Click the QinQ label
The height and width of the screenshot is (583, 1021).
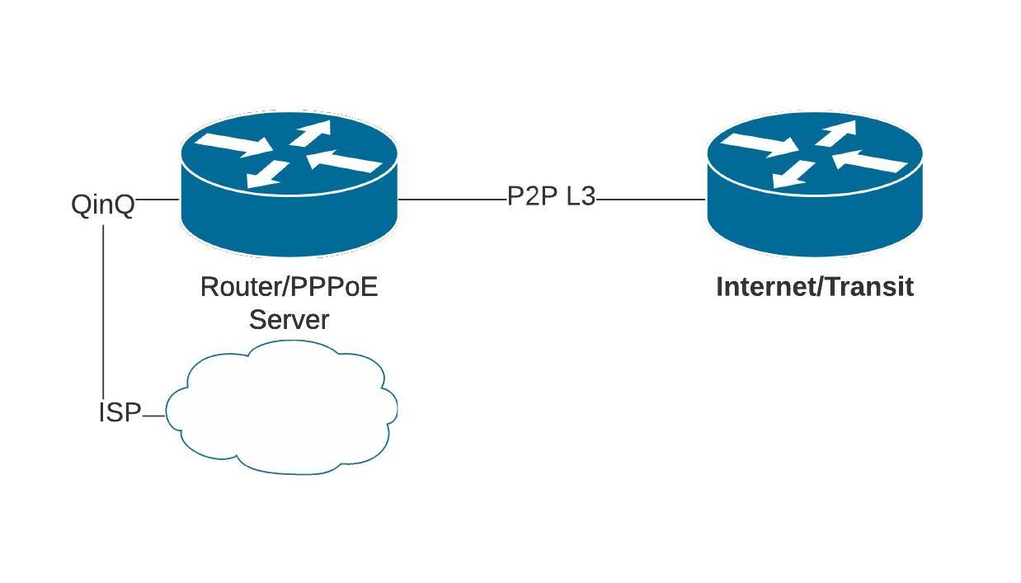click(x=103, y=205)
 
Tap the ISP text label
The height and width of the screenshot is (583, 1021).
click(x=120, y=412)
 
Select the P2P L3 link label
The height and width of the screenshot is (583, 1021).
click(x=551, y=197)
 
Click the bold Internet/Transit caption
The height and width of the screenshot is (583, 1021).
click(x=815, y=287)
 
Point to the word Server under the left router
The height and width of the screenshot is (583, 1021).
click(x=289, y=320)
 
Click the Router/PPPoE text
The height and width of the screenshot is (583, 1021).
click(x=289, y=287)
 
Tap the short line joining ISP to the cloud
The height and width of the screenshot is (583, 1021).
click(x=154, y=416)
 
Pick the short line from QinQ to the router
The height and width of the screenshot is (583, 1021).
click(x=158, y=199)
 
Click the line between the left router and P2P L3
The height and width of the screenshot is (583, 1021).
click(x=452, y=199)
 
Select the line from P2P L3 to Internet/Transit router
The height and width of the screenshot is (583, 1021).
click(x=650, y=199)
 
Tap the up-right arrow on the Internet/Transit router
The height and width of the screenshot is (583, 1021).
click(x=838, y=131)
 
